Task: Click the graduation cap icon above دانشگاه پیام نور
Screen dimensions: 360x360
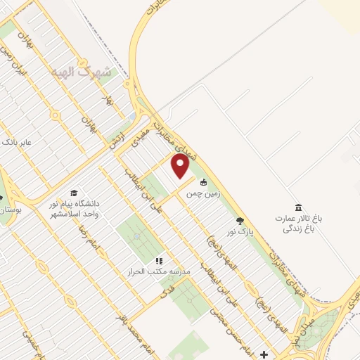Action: click(74, 193)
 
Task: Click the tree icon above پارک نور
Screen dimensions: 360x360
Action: click(240, 221)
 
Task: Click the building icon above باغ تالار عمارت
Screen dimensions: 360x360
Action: click(298, 208)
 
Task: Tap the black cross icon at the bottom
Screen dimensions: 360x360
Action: click(264, 354)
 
